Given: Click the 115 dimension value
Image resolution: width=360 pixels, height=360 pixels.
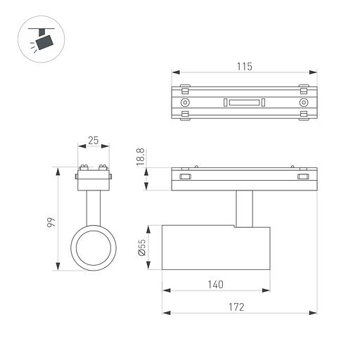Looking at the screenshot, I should point(243,66).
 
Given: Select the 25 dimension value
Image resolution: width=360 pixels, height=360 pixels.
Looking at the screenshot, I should point(93,141).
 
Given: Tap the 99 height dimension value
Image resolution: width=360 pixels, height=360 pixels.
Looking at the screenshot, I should point(51,223).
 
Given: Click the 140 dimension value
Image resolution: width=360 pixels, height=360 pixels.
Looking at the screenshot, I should point(215,284).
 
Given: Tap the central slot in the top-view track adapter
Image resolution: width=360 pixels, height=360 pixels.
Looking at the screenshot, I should point(243,103).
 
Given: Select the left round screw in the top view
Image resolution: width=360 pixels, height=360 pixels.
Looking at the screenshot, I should point(185,103).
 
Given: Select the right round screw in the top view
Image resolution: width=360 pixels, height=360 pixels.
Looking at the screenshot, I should point(303,103).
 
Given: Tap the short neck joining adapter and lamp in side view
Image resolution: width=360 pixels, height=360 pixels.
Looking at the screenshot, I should point(243,208).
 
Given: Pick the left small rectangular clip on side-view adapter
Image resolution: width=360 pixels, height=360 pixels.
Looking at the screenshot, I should point(185,177).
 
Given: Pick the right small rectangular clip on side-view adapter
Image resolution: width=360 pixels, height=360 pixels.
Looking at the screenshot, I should point(303,177).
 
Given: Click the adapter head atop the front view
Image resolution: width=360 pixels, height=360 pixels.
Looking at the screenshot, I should point(93,176).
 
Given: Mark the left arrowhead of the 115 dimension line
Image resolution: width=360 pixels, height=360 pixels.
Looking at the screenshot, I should point(174,72).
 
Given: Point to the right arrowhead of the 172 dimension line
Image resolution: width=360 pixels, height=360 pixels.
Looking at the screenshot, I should point(309,313).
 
